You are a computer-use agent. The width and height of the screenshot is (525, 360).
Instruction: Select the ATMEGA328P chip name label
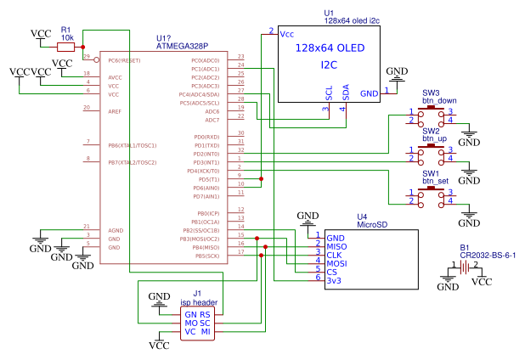pyautogui.click(x=182, y=46)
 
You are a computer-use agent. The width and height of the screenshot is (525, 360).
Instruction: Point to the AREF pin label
pyautogui.click(x=115, y=111)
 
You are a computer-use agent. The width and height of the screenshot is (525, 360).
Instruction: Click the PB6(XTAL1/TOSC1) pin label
pyautogui.click(x=132, y=145)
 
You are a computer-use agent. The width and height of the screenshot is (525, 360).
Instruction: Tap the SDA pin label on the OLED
pyautogui.click(x=345, y=91)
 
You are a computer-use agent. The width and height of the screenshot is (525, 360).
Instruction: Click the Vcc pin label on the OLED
pyautogui.click(x=287, y=34)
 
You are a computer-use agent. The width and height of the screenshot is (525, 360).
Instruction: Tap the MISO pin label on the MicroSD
pyautogui.click(x=337, y=247)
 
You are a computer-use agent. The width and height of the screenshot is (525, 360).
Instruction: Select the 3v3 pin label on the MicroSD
pyautogui.click(x=335, y=281)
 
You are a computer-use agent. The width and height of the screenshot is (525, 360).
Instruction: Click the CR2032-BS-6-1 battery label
pyautogui.click(x=488, y=255)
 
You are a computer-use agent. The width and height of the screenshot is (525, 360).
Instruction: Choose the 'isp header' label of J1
pyautogui.click(x=199, y=301)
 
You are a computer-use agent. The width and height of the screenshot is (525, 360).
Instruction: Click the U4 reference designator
pyautogui.click(x=362, y=217)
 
